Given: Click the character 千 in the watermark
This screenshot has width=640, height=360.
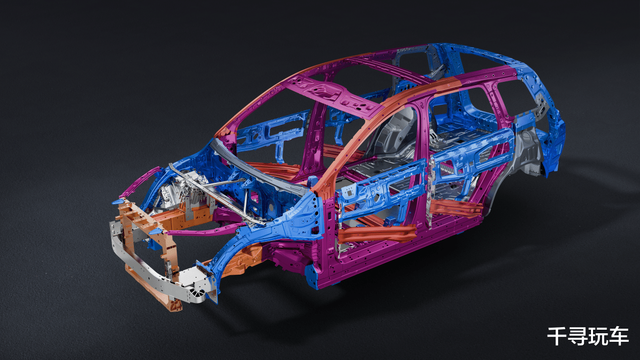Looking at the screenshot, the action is point(557,336).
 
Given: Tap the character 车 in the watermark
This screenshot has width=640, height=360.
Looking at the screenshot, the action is point(619,336).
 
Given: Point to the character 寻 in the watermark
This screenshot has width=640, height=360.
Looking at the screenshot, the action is point(577,336).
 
